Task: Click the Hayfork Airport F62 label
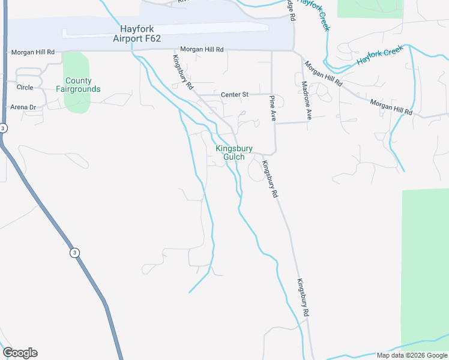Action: click(x=137, y=34)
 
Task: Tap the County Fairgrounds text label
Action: click(x=78, y=85)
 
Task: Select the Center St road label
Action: click(x=234, y=94)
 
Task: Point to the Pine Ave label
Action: click(x=272, y=109)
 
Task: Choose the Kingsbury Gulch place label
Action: click(x=234, y=152)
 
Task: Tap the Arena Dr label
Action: click(x=23, y=107)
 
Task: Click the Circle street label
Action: click(x=25, y=87)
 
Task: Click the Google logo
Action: click(x=20, y=353)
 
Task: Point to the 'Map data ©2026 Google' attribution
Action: click(x=412, y=355)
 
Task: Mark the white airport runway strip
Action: click(x=165, y=30)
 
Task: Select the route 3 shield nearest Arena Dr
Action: click(x=4, y=128)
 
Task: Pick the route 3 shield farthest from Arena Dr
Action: click(x=74, y=253)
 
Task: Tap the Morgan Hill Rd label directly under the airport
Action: click(x=202, y=49)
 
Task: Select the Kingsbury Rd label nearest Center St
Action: click(x=182, y=73)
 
